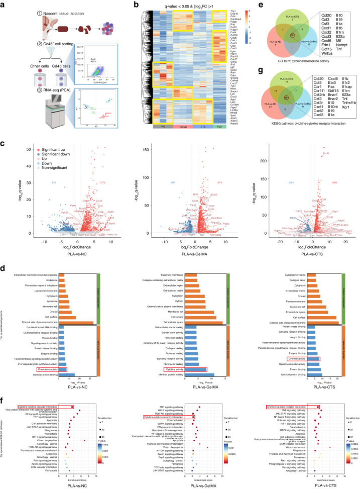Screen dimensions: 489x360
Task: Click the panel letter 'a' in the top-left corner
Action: pyautogui.click(x=3, y=4)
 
